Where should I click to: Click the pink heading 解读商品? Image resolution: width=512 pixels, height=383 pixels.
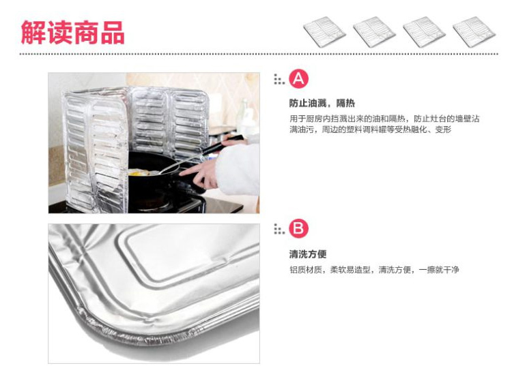72,32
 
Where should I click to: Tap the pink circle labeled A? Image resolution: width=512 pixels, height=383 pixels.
298,79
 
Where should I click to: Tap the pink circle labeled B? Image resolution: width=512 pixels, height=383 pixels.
298,228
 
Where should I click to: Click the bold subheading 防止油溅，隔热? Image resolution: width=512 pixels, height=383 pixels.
322,104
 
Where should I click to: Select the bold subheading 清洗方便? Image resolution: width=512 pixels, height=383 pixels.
308,254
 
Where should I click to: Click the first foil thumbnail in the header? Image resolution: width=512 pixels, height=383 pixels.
324,31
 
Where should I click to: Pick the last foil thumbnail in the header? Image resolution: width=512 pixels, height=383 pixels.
474,31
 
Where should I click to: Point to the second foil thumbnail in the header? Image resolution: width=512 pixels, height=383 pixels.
374,31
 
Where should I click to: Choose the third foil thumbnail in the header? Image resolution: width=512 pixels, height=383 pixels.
424,31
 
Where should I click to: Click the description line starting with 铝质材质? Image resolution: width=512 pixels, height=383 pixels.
374,270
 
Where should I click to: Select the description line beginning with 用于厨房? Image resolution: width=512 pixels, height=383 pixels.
384,119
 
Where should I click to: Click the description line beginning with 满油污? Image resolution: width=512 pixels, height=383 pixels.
370,129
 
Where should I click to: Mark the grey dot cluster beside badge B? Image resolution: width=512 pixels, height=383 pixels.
279,228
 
